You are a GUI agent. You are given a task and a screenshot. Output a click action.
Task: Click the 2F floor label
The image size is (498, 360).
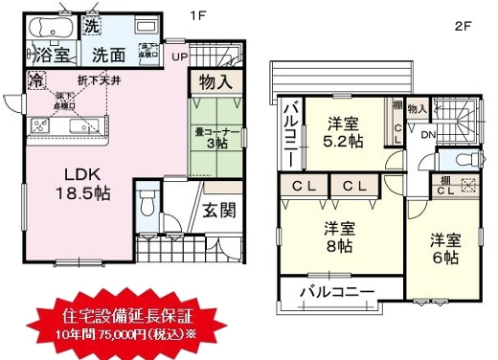coord(462,27)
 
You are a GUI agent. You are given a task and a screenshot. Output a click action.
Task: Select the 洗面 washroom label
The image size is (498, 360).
coord(111,56)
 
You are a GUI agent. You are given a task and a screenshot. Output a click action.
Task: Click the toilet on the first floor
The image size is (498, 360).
coord(147,205)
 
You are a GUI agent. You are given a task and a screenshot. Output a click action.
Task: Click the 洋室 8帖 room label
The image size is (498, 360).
coord(332,236)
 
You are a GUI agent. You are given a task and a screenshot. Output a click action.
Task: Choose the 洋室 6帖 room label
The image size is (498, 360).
coord(441,249)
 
